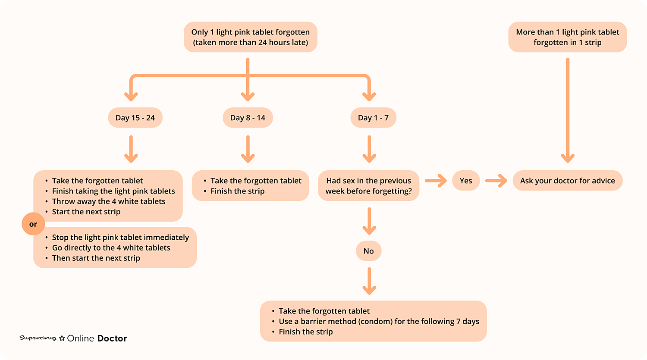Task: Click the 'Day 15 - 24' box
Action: click(x=135, y=118)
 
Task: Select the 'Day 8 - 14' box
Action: click(x=248, y=118)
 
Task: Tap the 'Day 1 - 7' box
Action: click(x=373, y=118)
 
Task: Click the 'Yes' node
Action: click(x=465, y=181)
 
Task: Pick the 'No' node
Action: click(x=368, y=251)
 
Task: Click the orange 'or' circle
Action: click(x=33, y=224)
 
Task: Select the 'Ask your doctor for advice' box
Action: click(x=568, y=181)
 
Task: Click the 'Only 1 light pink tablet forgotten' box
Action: click(x=251, y=37)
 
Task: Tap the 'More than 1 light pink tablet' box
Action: click(x=568, y=37)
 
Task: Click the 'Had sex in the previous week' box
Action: click(x=368, y=186)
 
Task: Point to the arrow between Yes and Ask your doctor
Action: click(x=496, y=181)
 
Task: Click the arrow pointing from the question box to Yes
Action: click(x=436, y=181)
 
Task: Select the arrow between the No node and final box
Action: click(x=369, y=281)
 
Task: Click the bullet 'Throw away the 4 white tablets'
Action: click(x=109, y=201)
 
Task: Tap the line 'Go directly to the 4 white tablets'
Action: click(x=111, y=248)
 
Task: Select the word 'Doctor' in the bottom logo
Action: click(x=112, y=338)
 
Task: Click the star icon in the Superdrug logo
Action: click(x=62, y=338)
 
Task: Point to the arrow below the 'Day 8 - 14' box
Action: click(x=248, y=149)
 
